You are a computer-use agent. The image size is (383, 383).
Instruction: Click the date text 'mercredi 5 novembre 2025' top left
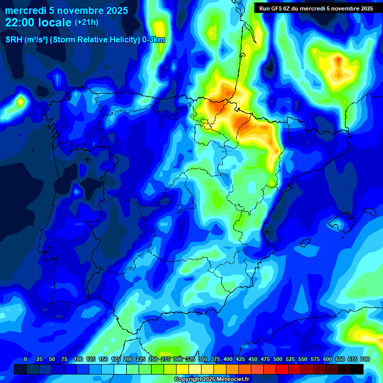click(x=66, y=10)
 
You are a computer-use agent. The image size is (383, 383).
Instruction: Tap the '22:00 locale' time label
click(x=38, y=22)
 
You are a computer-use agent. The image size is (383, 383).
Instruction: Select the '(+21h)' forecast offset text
click(x=87, y=22)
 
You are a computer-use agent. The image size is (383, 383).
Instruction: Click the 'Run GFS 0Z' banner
click(x=316, y=8)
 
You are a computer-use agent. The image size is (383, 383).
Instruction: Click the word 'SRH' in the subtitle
click(x=13, y=40)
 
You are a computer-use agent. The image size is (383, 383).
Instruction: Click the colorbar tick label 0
click(x=25, y=360)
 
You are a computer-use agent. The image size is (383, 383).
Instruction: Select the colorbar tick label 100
click(x=78, y=360)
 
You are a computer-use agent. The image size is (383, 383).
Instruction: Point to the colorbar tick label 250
click(x=153, y=360)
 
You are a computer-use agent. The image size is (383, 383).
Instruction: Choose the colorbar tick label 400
click(x=228, y=360)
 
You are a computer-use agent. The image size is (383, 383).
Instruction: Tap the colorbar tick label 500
click(x=278, y=360)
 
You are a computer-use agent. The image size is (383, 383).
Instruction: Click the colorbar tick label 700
click(x=365, y=360)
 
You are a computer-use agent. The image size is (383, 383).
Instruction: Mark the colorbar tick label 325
click(x=191, y=360)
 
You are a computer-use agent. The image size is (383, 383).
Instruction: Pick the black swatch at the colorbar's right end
click(x=357, y=369)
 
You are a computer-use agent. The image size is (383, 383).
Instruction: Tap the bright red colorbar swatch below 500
click(x=282, y=369)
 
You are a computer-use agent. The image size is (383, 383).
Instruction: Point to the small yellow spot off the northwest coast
click(x=20, y=102)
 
